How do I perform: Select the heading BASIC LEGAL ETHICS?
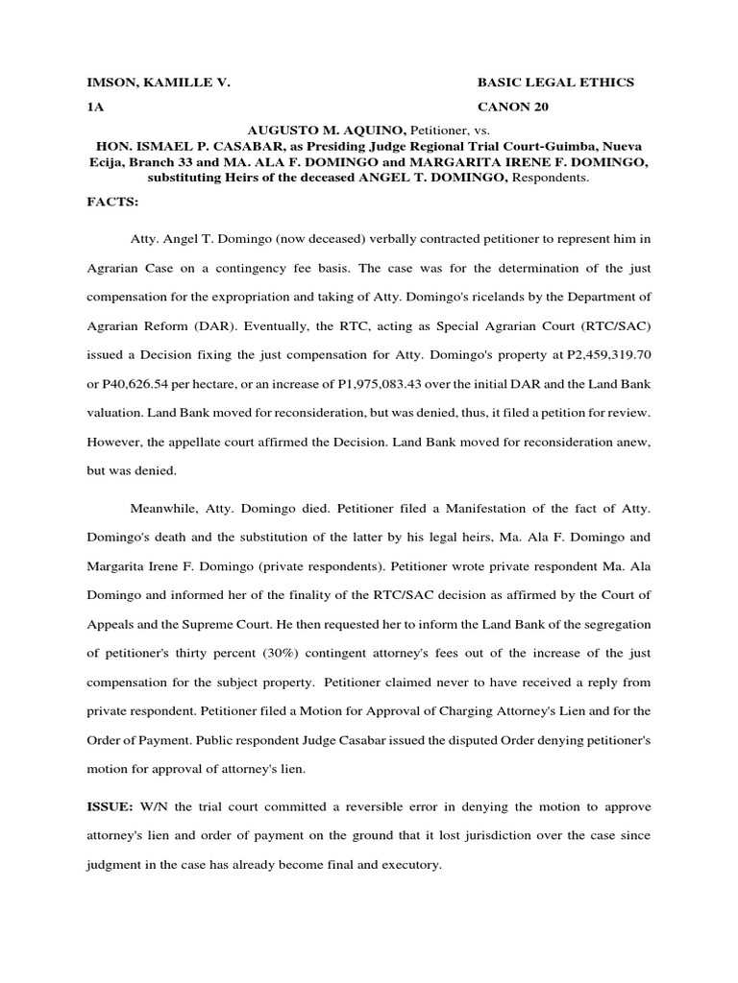coord(555,84)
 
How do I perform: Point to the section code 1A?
coord(95,107)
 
